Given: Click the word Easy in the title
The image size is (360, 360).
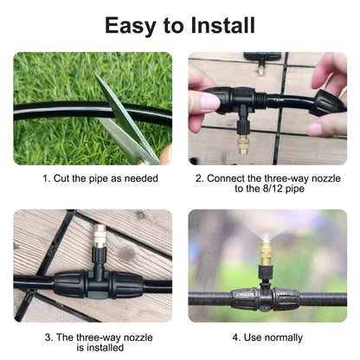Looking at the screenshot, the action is pyautogui.click(x=130, y=26).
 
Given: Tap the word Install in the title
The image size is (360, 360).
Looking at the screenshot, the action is pyautogui.click(x=222, y=25).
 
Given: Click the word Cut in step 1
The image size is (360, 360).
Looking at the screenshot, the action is pyautogui.click(x=61, y=178).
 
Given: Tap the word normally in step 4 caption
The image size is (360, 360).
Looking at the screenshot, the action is pyautogui.click(x=283, y=337).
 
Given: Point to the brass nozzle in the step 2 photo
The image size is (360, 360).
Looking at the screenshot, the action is pyautogui.click(x=243, y=145).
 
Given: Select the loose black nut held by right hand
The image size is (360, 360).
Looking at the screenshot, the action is pyautogui.click(x=330, y=103).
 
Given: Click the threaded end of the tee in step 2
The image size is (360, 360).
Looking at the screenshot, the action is pyautogui.click(x=260, y=99).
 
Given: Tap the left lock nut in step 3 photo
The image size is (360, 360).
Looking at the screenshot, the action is pyautogui.click(x=69, y=284).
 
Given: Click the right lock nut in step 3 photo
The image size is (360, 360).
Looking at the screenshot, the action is pyautogui.click(x=127, y=285).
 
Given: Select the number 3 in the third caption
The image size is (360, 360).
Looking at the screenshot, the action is pyautogui.click(x=48, y=337).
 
